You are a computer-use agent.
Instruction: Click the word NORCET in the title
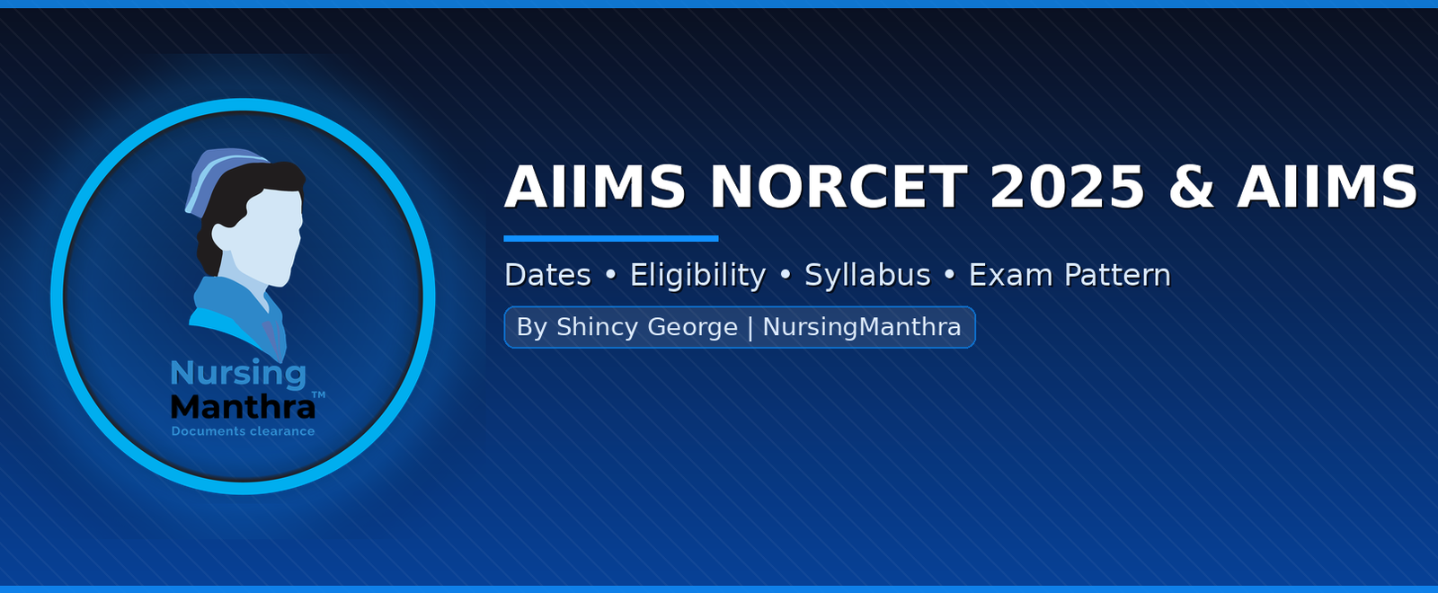click(x=839, y=187)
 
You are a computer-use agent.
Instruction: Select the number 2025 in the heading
click(x=1067, y=187)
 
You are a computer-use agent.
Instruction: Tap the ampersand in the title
click(x=1191, y=187)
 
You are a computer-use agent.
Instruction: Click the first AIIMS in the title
click(x=595, y=187)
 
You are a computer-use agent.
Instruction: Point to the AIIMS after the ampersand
click(x=1327, y=187)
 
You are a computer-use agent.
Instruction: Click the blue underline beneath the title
click(x=611, y=239)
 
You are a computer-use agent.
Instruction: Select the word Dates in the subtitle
click(x=547, y=275)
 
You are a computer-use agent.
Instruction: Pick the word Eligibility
click(x=697, y=276)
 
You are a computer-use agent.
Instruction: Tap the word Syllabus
click(x=867, y=276)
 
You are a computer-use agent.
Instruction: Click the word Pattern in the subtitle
click(x=1118, y=275)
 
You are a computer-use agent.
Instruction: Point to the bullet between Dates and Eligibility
click(x=610, y=276)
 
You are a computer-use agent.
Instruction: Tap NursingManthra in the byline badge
click(x=862, y=327)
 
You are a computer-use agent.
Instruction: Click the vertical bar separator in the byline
click(x=750, y=327)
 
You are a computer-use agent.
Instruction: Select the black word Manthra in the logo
click(x=244, y=407)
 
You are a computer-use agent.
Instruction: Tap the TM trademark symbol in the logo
click(x=318, y=394)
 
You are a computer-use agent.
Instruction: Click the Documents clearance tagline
click(x=244, y=431)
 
